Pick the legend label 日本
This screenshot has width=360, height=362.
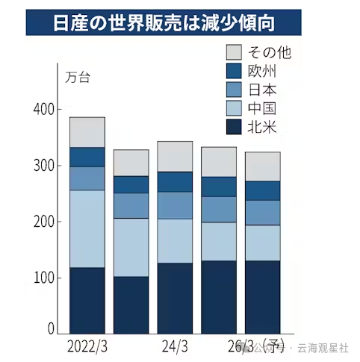point(262,90)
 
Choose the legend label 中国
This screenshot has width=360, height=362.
point(262,110)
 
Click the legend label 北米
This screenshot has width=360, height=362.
point(262,128)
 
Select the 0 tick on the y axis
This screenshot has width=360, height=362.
point(52,328)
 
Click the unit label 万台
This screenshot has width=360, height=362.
point(77,78)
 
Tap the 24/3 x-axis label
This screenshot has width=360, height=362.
point(175,347)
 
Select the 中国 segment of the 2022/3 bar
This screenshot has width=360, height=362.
point(87,228)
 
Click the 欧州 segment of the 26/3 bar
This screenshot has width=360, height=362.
point(263,190)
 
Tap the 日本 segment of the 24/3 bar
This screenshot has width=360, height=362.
point(175,205)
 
